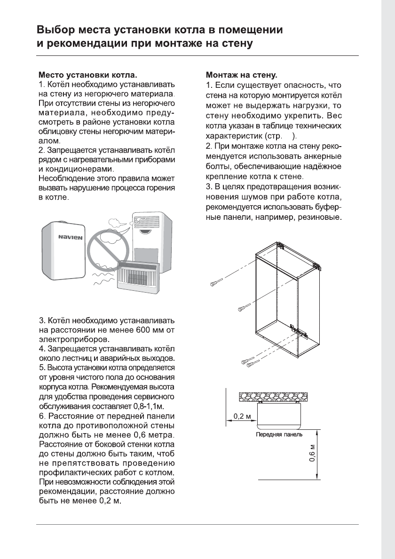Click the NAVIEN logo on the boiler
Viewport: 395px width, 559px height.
[71, 238]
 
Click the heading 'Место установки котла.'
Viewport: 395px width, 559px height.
[88, 75]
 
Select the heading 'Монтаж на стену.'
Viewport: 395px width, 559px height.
[242, 75]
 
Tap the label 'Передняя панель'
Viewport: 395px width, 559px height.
[279, 435]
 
